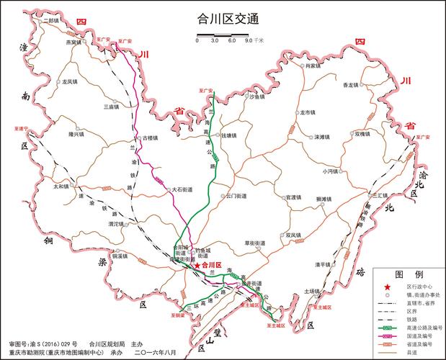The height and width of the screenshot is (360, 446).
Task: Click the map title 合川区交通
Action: [x=223, y=21]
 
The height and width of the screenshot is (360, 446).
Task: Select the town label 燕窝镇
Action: [x=74, y=42]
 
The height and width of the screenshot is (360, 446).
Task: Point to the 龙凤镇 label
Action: [x=71, y=82]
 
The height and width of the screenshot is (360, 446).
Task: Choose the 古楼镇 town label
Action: [x=149, y=137]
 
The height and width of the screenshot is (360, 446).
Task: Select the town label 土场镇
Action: [x=312, y=291]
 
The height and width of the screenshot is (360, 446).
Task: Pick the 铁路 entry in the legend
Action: [x=411, y=319]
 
